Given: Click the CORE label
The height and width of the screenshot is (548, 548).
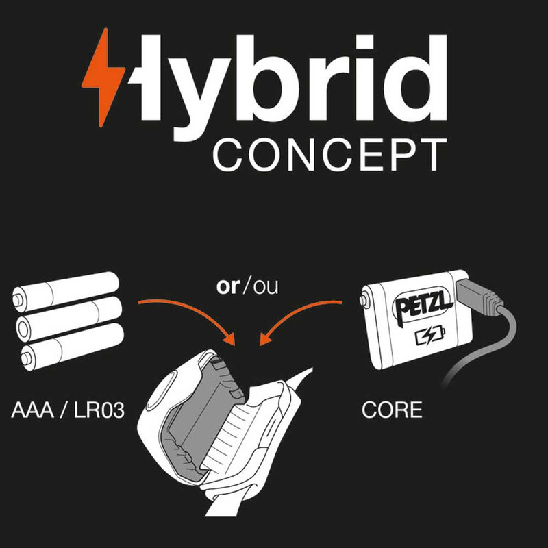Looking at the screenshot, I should [x=391, y=411].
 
